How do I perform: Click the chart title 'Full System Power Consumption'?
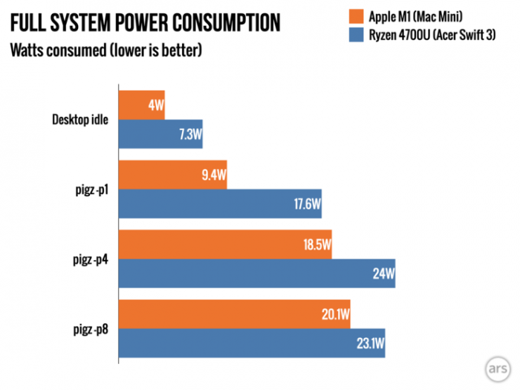tap(145, 23)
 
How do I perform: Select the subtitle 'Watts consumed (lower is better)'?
tap(105, 51)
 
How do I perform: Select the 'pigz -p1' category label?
tap(92, 189)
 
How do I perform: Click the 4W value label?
tap(155, 105)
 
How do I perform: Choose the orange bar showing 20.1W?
tap(234, 313)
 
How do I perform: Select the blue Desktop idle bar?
tap(160, 134)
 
